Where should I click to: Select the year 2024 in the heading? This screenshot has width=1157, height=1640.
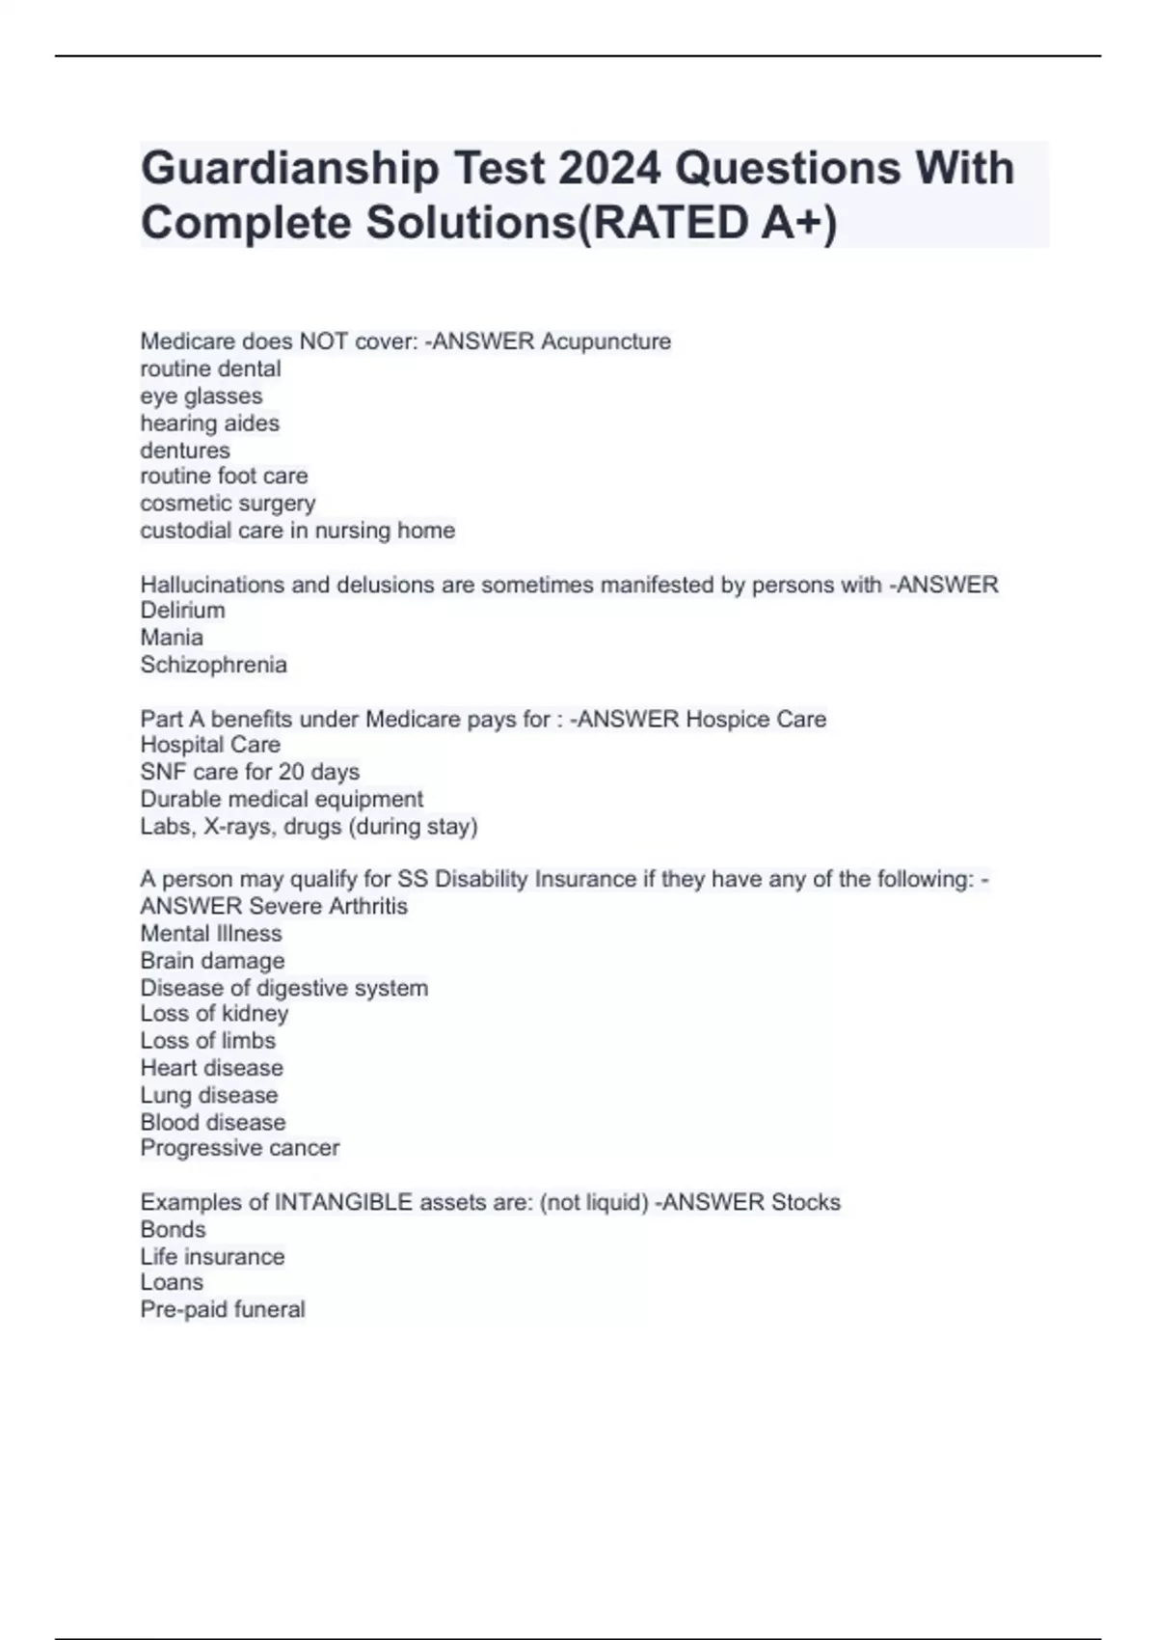click(x=609, y=169)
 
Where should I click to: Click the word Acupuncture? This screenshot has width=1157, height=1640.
click(x=605, y=342)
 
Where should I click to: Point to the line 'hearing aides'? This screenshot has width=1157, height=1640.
click(x=209, y=423)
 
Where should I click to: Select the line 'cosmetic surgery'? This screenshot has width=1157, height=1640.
click(x=228, y=504)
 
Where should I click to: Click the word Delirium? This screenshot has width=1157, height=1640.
click(x=182, y=611)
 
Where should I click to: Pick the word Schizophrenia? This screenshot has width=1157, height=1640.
click(x=213, y=665)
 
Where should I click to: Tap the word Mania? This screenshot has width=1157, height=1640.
click(x=172, y=638)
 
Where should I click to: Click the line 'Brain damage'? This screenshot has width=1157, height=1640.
click(x=212, y=961)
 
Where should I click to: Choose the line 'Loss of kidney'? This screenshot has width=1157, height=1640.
click(x=214, y=1014)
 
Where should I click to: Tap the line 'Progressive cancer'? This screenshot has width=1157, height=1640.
click(x=239, y=1148)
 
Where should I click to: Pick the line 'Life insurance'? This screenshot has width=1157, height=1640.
click(x=212, y=1256)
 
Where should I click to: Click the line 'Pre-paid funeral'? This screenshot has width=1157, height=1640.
click(x=222, y=1309)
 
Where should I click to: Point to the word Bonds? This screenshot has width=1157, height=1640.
click(x=173, y=1229)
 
